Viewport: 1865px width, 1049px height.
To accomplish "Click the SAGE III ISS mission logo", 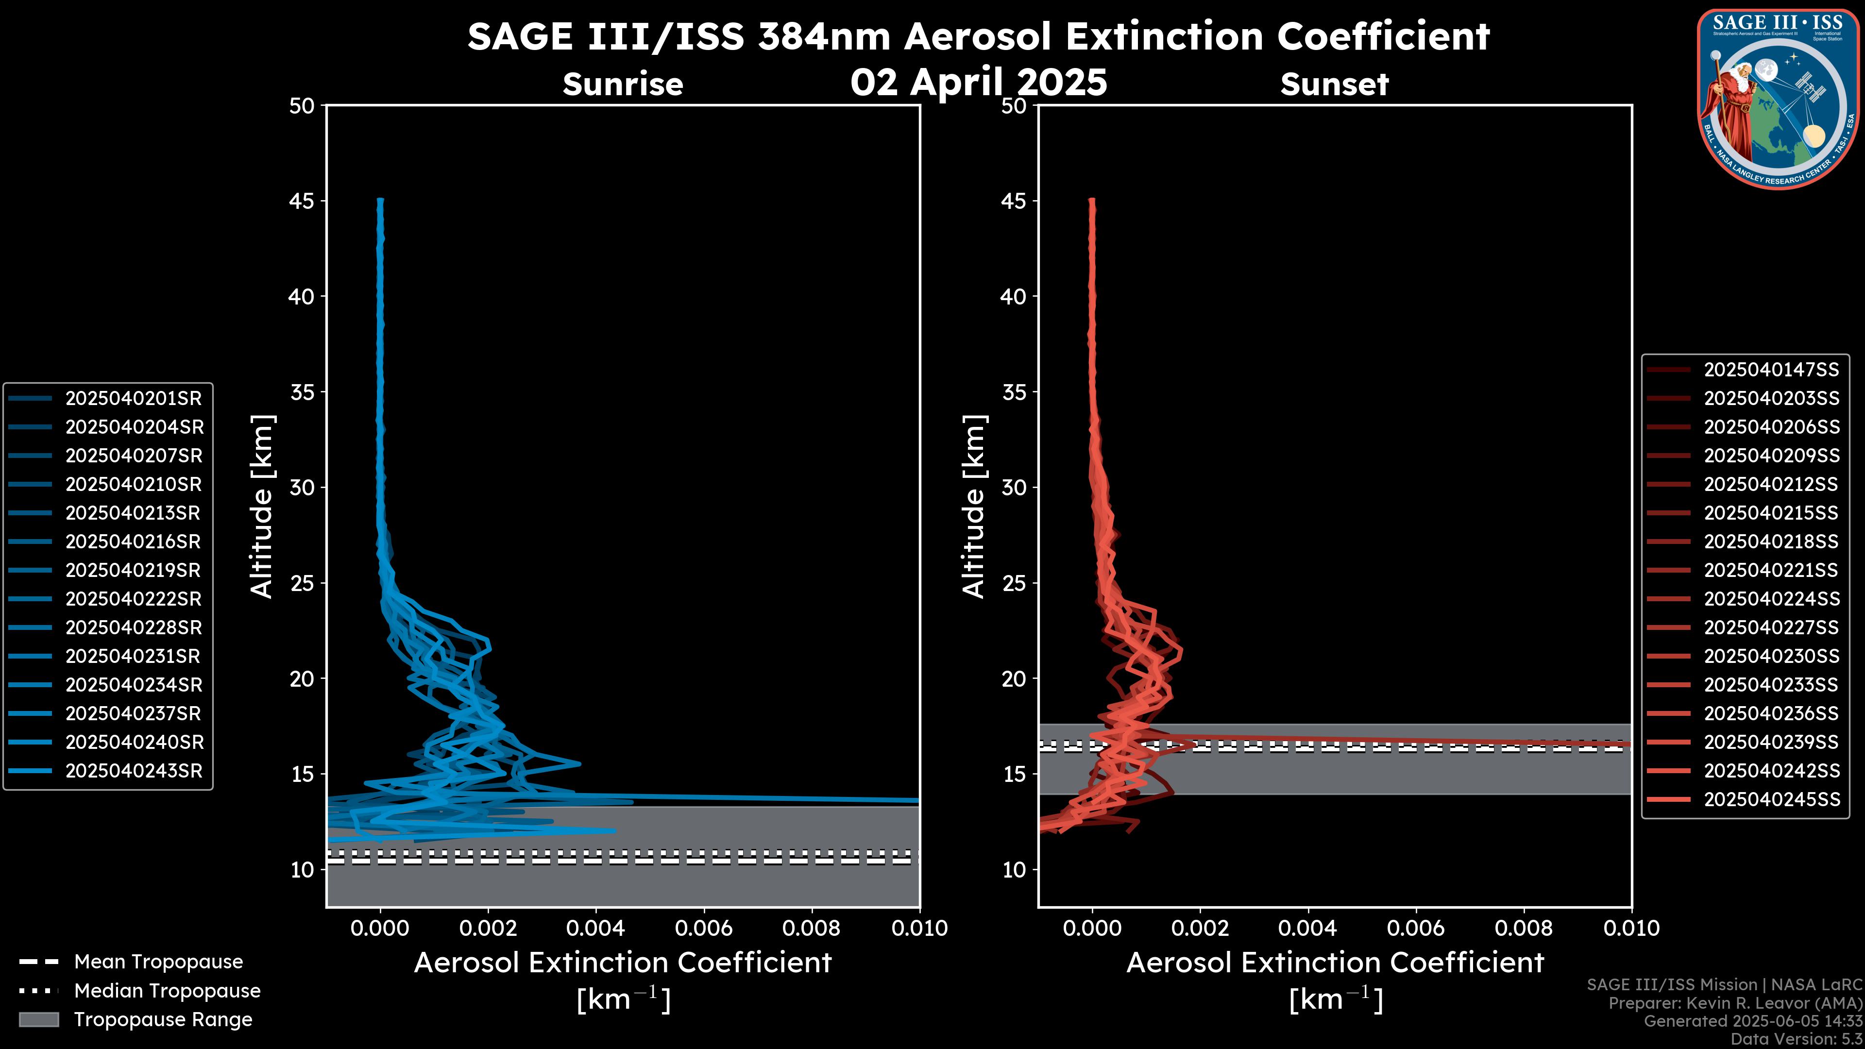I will (1778, 99).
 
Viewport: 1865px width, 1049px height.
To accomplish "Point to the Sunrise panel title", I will (623, 84).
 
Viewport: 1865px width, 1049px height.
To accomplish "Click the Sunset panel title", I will (1334, 84).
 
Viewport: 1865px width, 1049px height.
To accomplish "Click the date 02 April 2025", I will (978, 82).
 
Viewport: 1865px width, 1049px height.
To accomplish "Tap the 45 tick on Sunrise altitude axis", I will (302, 201).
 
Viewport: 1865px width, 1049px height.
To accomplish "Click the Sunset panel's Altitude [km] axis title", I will (974, 506).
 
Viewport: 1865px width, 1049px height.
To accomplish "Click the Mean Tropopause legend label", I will (158, 962).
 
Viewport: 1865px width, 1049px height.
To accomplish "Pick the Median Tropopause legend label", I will (167, 990).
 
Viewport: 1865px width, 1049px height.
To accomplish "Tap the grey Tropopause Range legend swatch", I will (38, 1019).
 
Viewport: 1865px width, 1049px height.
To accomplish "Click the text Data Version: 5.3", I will (1796, 1039).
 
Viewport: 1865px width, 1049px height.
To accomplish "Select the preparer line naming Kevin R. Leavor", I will (1735, 1003).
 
